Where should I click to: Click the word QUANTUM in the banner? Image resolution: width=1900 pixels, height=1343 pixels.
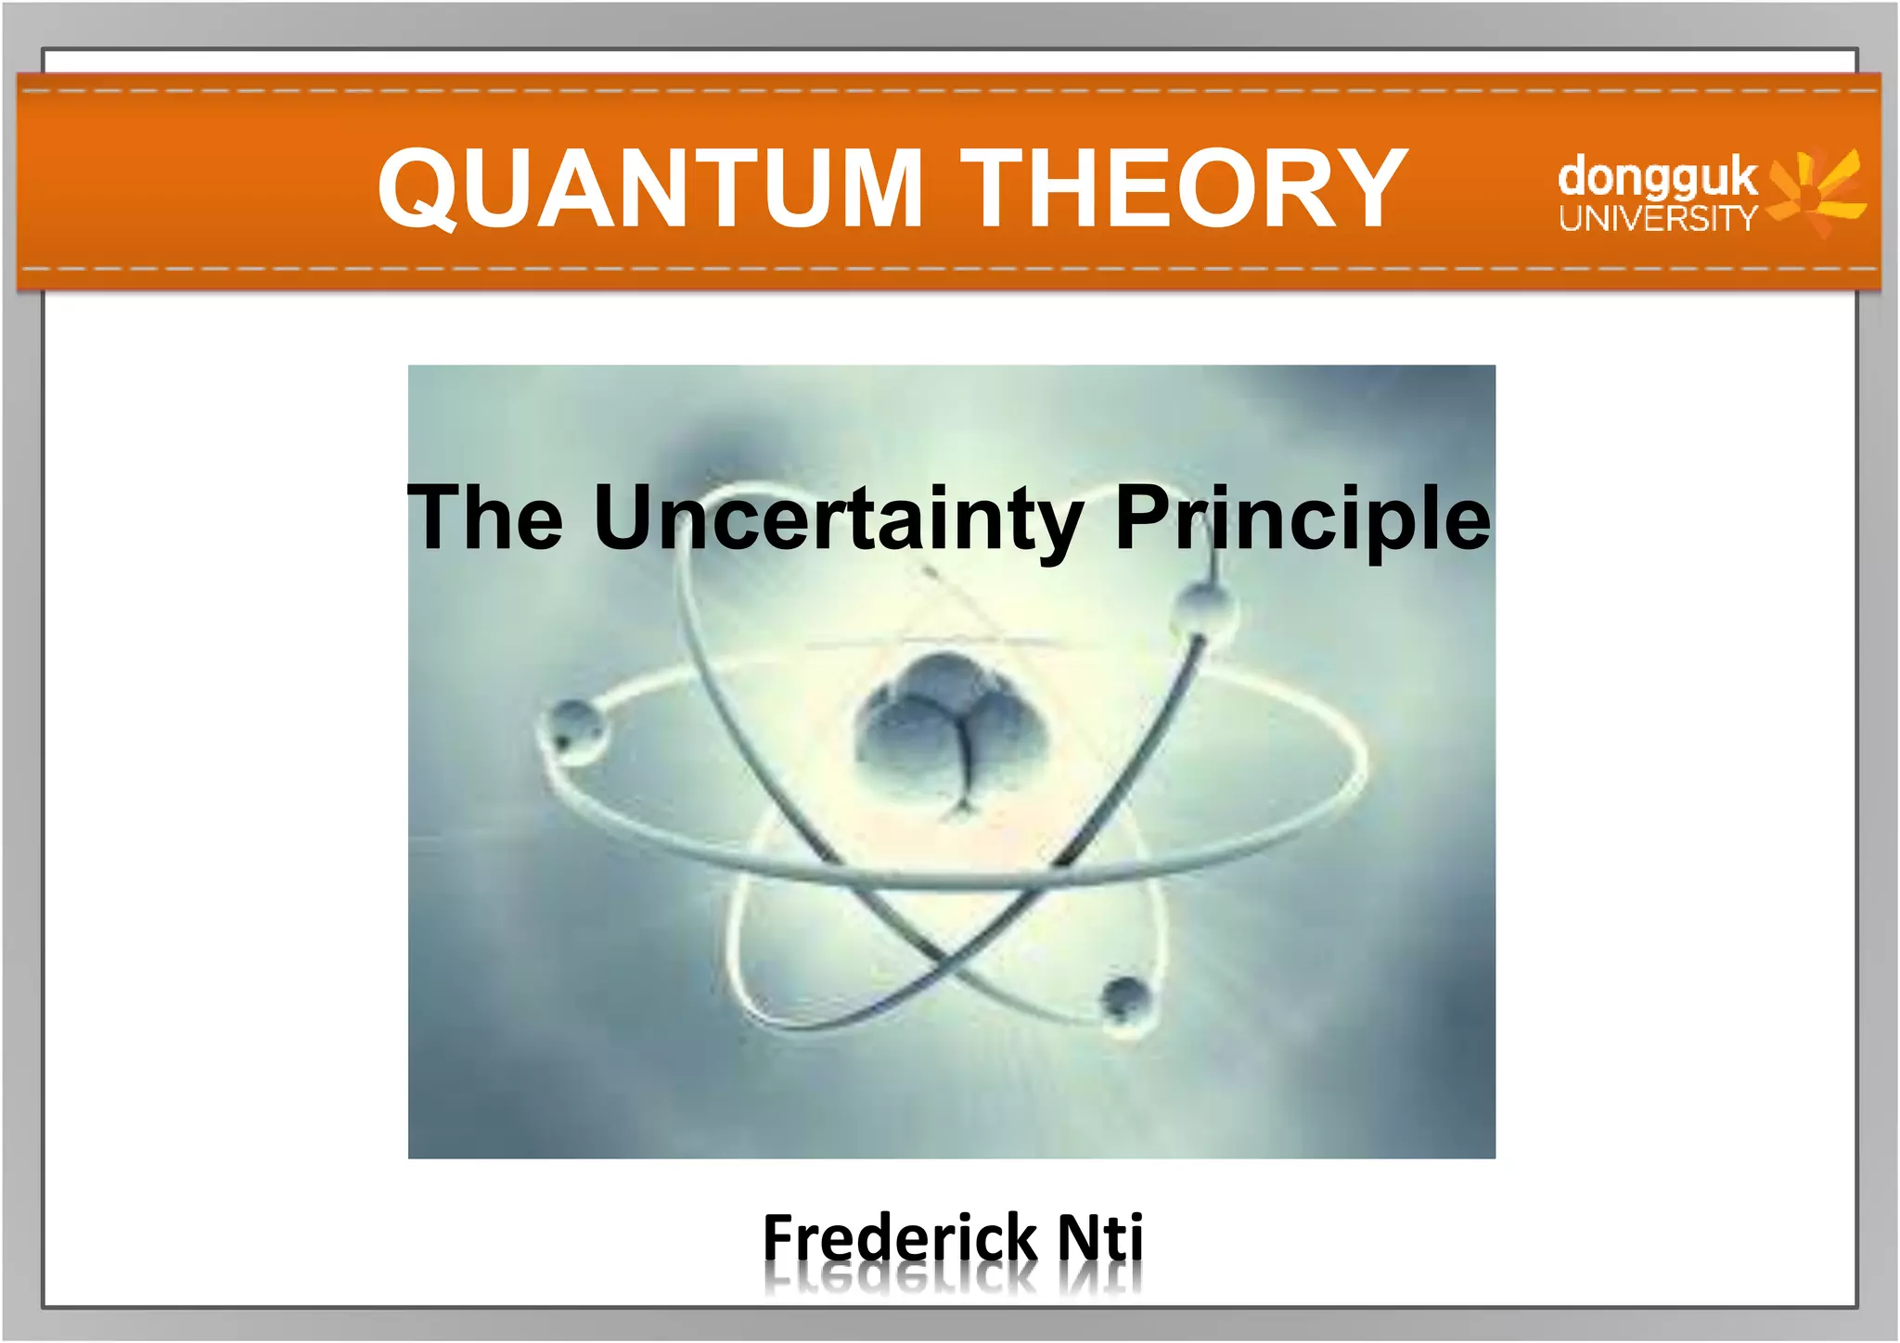tap(649, 187)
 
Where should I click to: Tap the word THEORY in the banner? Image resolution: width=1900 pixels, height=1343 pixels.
tap(1184, 187)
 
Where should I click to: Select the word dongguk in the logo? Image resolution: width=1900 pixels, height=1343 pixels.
tap(1657, 178)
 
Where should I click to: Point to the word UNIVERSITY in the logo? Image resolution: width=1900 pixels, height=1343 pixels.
tap(1658, 219)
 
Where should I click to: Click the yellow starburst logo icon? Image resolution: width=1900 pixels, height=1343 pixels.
tap(1817, 193)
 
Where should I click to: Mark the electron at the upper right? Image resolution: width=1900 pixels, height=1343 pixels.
tap(1205, 608)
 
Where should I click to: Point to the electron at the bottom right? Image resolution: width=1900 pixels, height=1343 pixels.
tap(1124, 1000)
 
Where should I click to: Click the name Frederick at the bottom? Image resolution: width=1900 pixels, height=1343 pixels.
tap(899, 1239)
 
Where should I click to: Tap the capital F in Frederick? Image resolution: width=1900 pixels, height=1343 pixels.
tap(781, 1237)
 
